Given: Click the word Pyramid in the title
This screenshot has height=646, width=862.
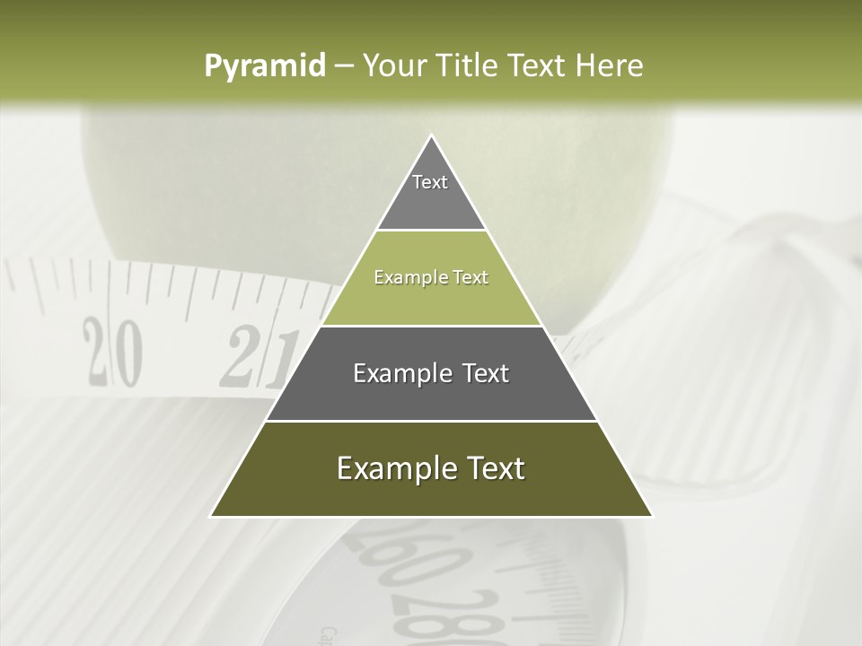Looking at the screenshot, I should (264, 66).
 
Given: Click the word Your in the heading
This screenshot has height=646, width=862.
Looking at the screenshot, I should (395, 65).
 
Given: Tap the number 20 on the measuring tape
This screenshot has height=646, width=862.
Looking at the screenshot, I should (113, 352).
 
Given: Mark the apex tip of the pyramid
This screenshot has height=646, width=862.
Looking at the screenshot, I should (431, 136).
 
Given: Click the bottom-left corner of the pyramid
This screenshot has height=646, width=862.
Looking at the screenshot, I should (212, 516).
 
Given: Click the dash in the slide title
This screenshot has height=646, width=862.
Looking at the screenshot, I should (343, 66).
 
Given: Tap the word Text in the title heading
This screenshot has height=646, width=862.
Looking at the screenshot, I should (536, 65).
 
